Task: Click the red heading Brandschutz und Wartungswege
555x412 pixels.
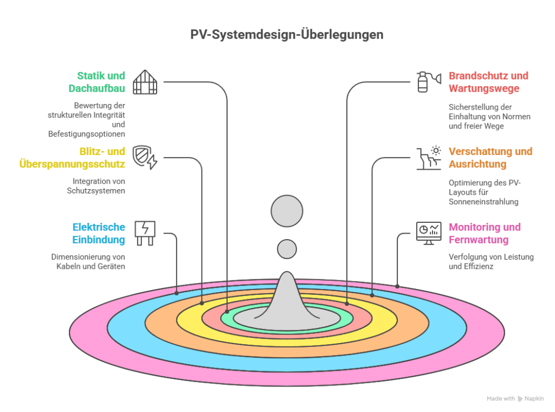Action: click(x=488, y=81)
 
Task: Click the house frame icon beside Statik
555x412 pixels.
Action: click(x=145, y=82)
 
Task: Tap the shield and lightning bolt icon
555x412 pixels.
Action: click(x=145, y=157)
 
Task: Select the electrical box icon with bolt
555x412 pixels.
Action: click(x=145, y=233)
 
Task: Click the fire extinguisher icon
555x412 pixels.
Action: click(x=422, y=82)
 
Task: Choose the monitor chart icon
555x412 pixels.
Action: click(x=427, y=233)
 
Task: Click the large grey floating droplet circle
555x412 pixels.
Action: click(x=287, y=210)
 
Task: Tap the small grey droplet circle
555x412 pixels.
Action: click(x=287, y=249)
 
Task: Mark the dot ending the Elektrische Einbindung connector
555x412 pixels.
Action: click(x=177, y=293)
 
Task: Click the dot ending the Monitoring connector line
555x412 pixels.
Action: click(x=397, y=286)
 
